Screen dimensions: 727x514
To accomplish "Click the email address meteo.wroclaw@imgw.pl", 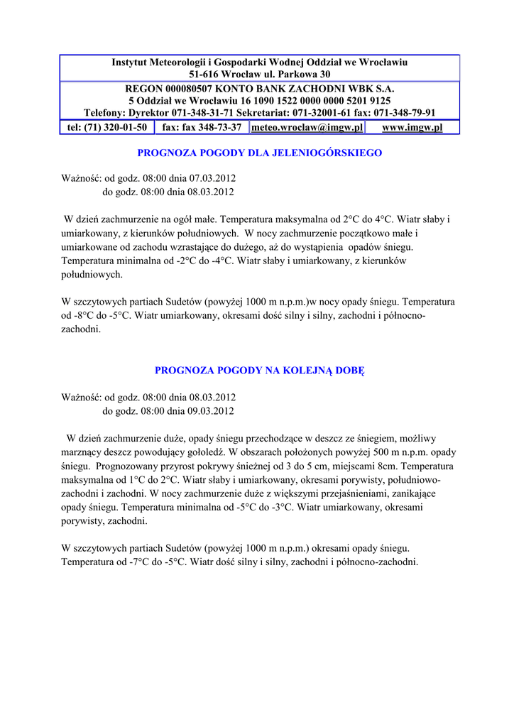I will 307,127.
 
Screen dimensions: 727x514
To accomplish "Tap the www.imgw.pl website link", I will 412,127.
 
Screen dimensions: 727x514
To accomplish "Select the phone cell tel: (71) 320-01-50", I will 107,127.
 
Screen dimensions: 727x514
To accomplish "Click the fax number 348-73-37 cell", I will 202,127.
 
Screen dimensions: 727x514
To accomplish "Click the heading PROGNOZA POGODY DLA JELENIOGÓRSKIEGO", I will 259,153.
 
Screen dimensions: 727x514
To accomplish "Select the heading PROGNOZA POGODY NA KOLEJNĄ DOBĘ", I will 259,370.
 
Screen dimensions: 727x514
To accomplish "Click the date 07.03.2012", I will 212,178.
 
